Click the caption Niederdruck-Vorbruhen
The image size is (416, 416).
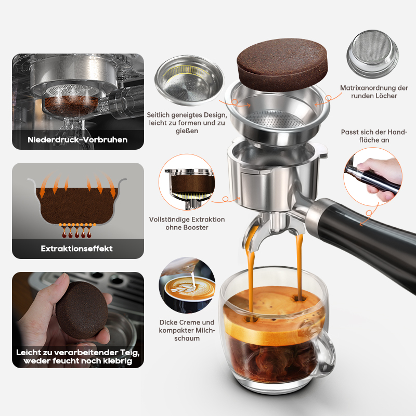click(77, 140)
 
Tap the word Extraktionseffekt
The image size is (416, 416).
click(76, 249)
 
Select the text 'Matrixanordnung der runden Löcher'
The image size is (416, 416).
click(374, 92)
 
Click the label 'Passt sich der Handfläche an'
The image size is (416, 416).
click(374, 136)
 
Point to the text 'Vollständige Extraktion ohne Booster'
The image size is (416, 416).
click(187, 224)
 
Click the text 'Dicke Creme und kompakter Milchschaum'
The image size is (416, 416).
click(187, 330)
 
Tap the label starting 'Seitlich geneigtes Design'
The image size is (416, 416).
click(187, 123)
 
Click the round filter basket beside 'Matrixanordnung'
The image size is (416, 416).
click(372, 54)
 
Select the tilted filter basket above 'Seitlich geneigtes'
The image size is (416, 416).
click(189, 80)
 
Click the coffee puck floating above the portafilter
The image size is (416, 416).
click(282, 63)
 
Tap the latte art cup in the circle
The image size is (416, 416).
click(189, 289)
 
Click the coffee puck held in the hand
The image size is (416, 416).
click(82, 310)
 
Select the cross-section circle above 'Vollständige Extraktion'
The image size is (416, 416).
click(187, 182)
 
